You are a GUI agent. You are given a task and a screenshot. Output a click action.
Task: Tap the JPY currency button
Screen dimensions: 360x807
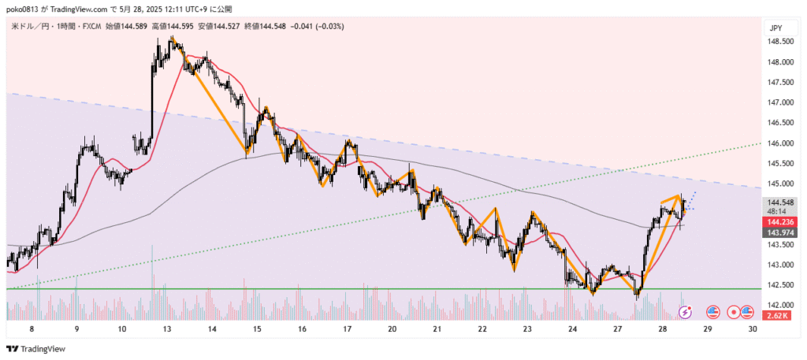point(775,28)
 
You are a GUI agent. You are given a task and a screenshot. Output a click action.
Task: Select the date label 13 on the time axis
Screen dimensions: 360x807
point(167,330)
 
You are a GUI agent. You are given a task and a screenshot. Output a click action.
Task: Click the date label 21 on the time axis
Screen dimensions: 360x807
point(437,330)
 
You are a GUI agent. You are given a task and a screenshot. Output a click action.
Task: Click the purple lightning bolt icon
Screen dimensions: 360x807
point(686,312)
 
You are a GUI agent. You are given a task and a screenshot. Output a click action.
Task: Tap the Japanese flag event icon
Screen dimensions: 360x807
point(734,312)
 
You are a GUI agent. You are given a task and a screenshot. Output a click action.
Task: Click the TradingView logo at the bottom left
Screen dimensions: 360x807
point(36,348)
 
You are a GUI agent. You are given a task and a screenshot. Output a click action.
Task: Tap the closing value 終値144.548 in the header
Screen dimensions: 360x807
point(266,27)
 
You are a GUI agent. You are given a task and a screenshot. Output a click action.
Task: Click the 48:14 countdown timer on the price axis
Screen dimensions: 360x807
point(775,211)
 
